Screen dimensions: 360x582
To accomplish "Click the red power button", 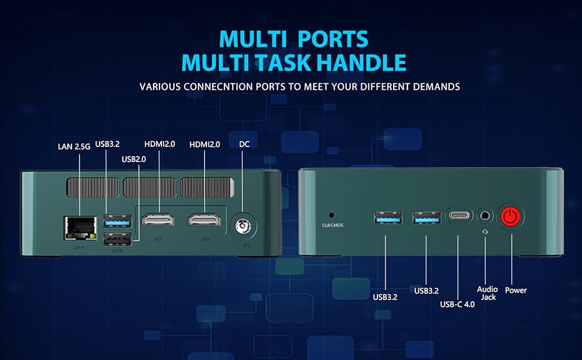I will pyautogui.click(x=511, y=217).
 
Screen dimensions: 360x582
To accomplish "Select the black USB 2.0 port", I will pyautogui.click(x=117, y=239).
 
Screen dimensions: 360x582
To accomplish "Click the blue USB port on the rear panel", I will pyautogui.click(x=117, y=220).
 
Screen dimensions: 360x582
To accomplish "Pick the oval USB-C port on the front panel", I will pyautogui.click(x=459, y=216).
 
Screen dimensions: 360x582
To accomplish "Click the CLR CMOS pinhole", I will pyautogui.click(x=331, y=214).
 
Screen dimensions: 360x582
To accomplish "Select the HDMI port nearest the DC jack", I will pyautogui.click(x=204, y=220).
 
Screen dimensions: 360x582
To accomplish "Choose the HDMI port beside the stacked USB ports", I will pyautogui.click(x=158, y=220).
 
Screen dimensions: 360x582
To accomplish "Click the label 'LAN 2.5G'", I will pyautogui.click(x=74, y=146).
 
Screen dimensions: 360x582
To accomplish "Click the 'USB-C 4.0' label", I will pyautogui.click(x=457, y=304).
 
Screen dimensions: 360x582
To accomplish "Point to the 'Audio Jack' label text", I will pyautogui.click(x=487, y=293).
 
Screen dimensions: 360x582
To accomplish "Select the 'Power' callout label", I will pyautogui.click(x=515, y=290).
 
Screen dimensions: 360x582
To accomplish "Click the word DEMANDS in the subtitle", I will pyautogui.click(x=436, y=86).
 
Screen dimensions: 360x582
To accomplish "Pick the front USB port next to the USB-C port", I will pyautogui.click(x=425, y=217).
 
